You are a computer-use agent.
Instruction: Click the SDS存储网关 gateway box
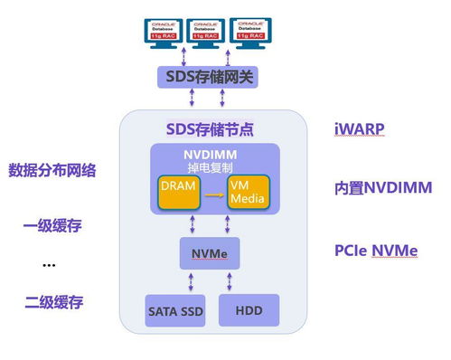[207, 77]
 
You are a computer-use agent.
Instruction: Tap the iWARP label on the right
[360, 128]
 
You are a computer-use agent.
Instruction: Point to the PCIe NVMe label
[376, 249]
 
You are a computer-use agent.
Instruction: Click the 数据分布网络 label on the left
[52, 169]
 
